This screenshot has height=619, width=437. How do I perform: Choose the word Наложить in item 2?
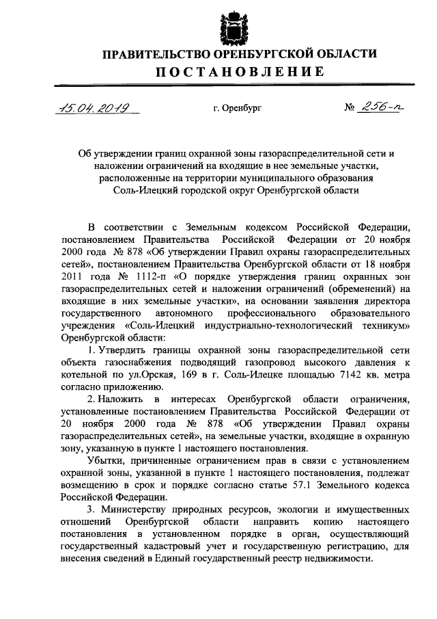point(127,399)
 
